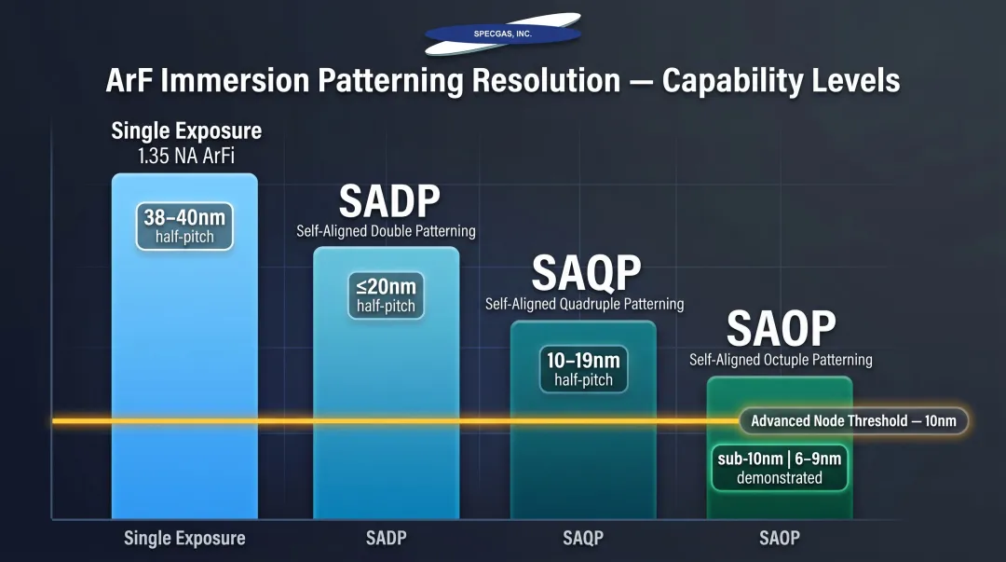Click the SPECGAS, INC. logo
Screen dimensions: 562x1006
coord(502,34)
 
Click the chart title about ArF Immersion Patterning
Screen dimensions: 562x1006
coord(503,80)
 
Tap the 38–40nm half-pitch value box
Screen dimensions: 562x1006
coord(184,226)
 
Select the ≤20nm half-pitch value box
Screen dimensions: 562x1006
coord(386,295)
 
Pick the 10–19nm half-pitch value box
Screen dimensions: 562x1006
coord(583,370)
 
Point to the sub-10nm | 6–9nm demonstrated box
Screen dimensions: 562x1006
coord(779,468)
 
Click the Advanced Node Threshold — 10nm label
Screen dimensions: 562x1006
coord(853,420)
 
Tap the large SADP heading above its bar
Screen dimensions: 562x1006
coord(388,201)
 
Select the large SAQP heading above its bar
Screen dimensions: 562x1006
coord(586,273)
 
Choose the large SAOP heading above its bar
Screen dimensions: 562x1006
coord(781,328)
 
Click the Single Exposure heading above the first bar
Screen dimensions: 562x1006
coord(186,130)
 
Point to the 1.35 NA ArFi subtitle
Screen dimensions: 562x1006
coord(186,156)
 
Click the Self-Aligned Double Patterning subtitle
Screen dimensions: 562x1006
coord(386,231)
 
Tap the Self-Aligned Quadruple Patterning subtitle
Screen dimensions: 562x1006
coord(584,304)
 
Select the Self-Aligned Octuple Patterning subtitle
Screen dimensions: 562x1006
coord(781,360)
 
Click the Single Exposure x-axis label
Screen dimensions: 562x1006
coord(184,538)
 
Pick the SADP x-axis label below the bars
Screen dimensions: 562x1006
coord(386,538)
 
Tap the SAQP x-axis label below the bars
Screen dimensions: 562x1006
coord(583,538)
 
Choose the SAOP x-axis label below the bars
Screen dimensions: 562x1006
coord(779,538)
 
